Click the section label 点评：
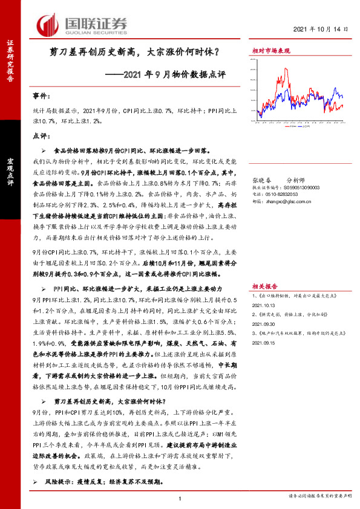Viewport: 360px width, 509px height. [x=41, y=137]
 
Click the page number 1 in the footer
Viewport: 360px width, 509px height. [x=180, y=498]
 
